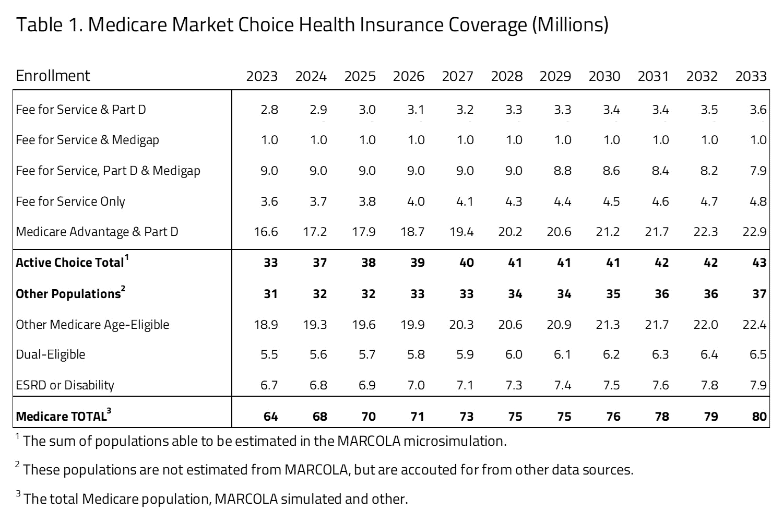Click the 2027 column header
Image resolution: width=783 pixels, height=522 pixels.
(x=457, y=76)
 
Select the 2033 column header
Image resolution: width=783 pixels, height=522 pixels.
(x=751, y=76)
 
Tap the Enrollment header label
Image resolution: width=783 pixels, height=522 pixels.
(x=53, y=76)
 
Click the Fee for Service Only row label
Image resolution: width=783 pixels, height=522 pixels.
(x=70, y=201)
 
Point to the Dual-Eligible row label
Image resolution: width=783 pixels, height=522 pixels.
(x=50, y=354)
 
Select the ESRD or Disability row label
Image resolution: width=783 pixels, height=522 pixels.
(x=65, y=385)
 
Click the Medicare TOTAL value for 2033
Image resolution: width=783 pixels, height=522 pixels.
(x=759, y=417)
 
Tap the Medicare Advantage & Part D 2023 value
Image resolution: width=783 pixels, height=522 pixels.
(x=266, y=232)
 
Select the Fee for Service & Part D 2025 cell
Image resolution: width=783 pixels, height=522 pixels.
(x=367, y=110)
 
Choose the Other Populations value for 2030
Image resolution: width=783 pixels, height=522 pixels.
(x=613, y=294)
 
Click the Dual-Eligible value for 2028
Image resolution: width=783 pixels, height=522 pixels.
(x=514, y=354)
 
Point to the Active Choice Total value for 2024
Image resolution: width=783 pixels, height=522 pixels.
(x=319, y=263)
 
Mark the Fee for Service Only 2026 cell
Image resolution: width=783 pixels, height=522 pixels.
(x=416, y=201)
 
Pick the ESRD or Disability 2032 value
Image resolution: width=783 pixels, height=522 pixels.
(x=709, y=385)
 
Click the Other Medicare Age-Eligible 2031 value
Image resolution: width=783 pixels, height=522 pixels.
(x=657, y=325)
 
